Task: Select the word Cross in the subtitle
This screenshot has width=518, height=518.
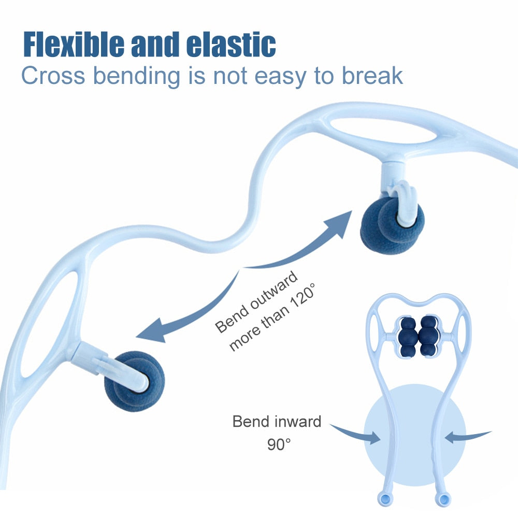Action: click(52, 75)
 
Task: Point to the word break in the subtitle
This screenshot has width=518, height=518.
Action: click(372, 75)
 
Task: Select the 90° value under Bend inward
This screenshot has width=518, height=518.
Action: click(279, 444)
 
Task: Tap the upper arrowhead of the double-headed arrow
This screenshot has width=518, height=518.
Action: click(340, 223)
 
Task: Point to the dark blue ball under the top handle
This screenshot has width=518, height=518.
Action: click(392, 220)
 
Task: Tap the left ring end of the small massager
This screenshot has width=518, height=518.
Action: click(383, 498)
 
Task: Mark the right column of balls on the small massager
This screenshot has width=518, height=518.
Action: click(428, 337)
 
